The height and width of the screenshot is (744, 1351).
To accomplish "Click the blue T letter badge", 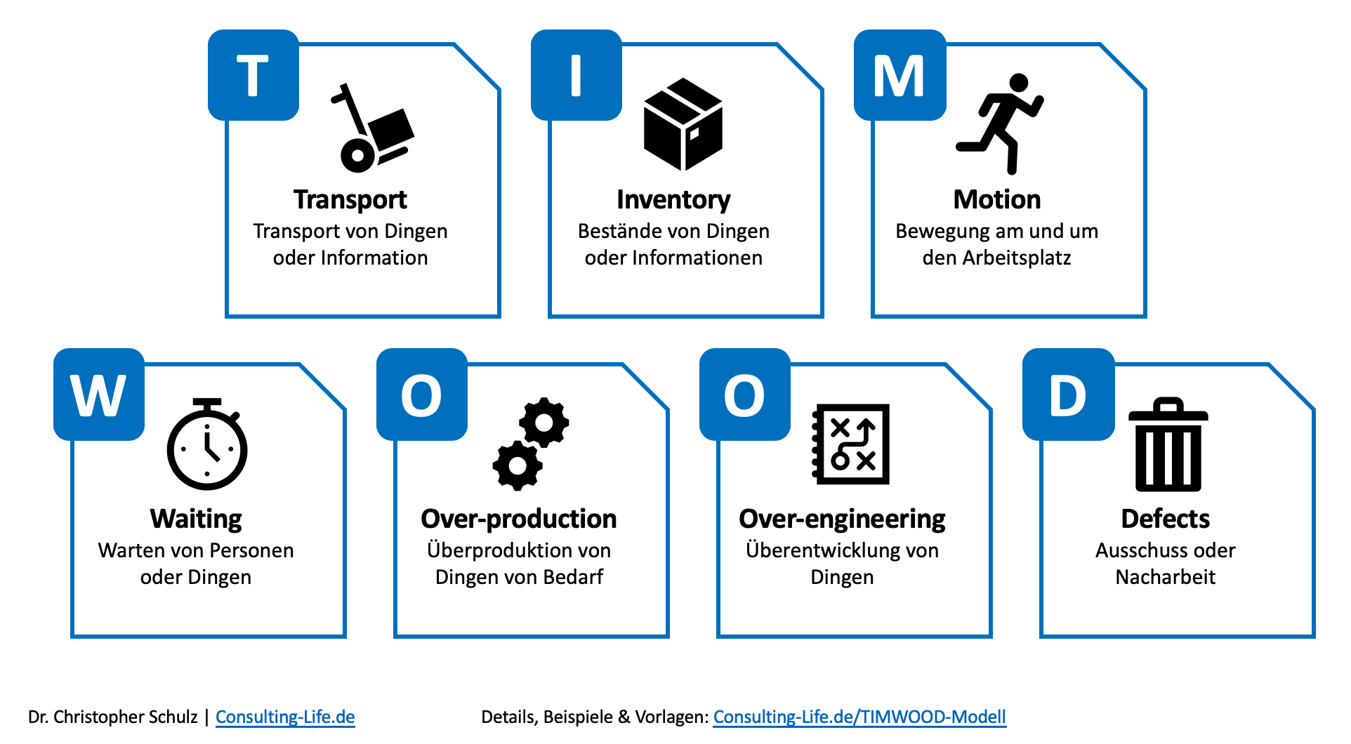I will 253,75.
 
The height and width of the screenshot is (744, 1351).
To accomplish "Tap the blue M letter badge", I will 899,75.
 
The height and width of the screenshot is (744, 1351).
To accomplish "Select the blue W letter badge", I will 99,394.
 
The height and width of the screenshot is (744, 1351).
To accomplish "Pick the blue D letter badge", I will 1068,394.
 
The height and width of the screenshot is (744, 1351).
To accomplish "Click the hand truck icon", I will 373,130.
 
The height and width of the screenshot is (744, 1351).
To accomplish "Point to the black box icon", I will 683,124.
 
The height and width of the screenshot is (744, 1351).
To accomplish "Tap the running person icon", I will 1000,124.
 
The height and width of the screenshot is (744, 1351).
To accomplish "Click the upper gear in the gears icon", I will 544,422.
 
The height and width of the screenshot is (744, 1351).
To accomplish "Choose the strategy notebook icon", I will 851,444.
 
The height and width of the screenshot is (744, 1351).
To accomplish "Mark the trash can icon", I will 1168,445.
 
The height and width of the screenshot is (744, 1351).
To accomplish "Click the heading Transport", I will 350,200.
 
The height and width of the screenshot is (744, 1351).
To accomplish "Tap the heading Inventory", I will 673,200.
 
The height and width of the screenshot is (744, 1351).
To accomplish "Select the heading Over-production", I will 519,519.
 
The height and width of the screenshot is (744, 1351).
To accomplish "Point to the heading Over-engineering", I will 842,519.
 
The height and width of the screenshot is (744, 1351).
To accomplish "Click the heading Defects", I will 1165,519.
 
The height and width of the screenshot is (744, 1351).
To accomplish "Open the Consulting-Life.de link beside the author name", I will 285,717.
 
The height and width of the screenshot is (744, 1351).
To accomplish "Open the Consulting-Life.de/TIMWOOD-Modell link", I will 859,717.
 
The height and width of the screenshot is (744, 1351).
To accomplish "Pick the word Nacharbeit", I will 1165,577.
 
